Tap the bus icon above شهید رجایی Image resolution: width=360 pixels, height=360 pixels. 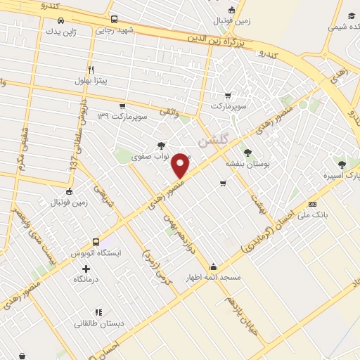[x=114, y=20]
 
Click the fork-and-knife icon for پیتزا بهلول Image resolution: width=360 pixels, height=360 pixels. [x=90, y=70]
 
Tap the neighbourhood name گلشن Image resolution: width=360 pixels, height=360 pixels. [x=213, y=140]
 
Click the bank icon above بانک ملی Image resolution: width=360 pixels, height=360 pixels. [x=313, y=204]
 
